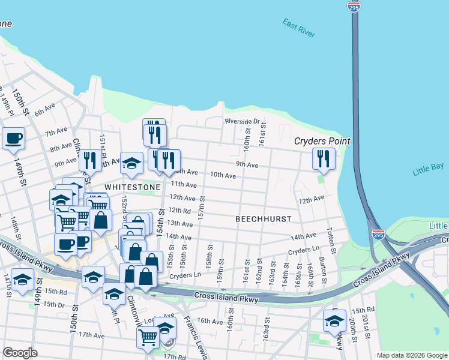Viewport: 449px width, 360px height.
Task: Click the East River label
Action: (x=298, y=28)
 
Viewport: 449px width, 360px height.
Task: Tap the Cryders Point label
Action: (x=322, y=141)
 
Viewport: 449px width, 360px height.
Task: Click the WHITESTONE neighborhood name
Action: (x=133, y=187)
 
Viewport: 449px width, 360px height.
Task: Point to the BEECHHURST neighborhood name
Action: (x=263, y=219)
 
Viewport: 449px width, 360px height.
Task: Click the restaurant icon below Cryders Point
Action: (x=324, y=159)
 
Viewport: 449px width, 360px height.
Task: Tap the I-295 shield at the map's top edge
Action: (x=354, y=5)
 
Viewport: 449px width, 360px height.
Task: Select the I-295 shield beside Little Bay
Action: (x=378, y=235)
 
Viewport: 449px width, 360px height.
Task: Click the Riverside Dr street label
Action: (x=242, y=121)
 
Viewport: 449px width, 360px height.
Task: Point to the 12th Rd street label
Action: (x=179, y=210)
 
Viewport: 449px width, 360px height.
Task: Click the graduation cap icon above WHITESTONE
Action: (x=131, y=163)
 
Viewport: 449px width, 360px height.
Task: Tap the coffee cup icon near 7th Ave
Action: (x=13, y=139)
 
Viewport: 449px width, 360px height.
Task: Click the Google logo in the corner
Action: (x=20, y=353)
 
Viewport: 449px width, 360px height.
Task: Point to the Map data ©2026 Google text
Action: (x=411, y=355)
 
